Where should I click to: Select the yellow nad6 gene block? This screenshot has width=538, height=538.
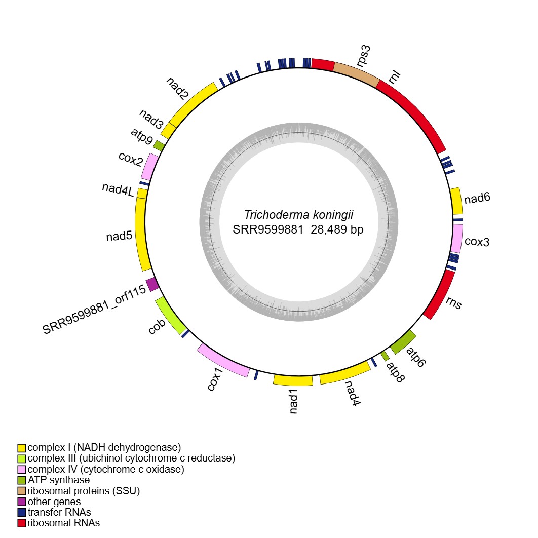[x=456, y=201]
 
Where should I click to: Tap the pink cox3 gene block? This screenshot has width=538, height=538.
[x=456, y=238]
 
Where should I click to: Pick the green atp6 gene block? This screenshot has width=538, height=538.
[x=403, y=342]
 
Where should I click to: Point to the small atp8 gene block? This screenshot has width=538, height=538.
[x=385, y=356]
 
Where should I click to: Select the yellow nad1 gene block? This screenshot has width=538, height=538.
[x=293, y=380]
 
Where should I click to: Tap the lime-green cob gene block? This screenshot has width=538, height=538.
[x=170, y=316]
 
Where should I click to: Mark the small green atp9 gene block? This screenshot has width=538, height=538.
[x=159, y=145]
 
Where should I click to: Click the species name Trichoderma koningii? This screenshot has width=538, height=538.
[x=298, y=214]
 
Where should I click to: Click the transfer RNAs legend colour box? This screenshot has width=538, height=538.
[x=22, y=512]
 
